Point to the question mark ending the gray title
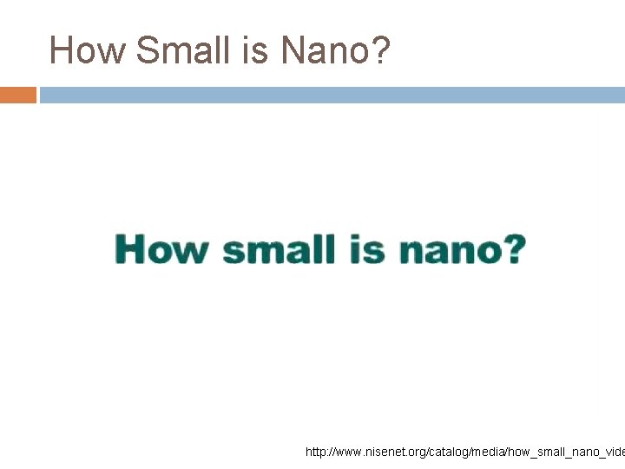(x=380, y=50)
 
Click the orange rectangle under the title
(x=18, y=95)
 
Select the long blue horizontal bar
(x=332, y=95)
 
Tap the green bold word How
(x=161, y=249)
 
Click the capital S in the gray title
(x=147, y=50)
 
